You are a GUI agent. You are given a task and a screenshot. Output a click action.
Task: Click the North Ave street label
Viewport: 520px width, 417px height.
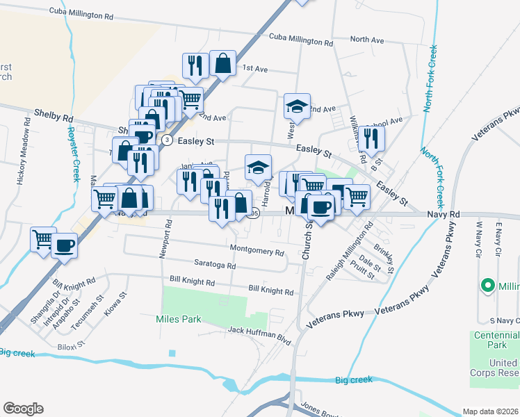click(x=367, y=40)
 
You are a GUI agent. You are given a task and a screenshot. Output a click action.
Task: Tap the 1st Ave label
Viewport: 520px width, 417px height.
click(x=254, y=68)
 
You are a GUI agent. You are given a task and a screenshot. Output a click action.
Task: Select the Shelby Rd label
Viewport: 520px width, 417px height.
click(x=54, y=112)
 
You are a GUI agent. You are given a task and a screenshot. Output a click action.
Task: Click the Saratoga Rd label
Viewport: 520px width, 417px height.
click(x=215, y=265)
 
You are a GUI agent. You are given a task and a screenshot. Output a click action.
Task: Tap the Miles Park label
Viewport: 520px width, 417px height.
click(x=178, y=319)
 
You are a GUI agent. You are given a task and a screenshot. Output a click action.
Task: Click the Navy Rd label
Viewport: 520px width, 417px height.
click(x=444, y=215)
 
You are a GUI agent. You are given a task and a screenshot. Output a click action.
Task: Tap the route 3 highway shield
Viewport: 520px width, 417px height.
click(x=167, y=140)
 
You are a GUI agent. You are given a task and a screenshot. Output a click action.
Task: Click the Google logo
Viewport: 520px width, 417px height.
click(x=23, y=409)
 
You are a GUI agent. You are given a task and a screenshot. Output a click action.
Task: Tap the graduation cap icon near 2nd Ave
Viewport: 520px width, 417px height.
click(x=297, y=107)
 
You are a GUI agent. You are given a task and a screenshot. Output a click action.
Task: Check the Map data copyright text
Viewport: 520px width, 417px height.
click(x=490, y=411)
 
